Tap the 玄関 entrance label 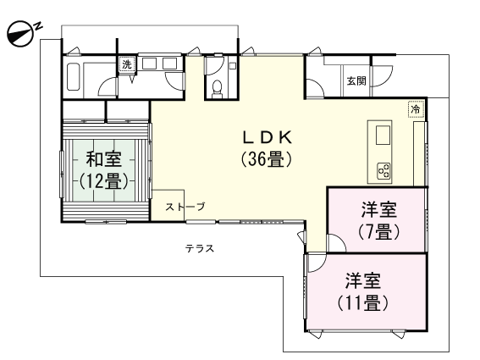[x=356, y=81]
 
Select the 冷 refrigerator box [x=415, y=108]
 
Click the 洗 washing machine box [x=127, y=65]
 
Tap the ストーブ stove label [x=185, y=207]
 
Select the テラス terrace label [x=200, y=249]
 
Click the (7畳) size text [x=378, y=230]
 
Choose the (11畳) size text [x=362, y=302]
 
